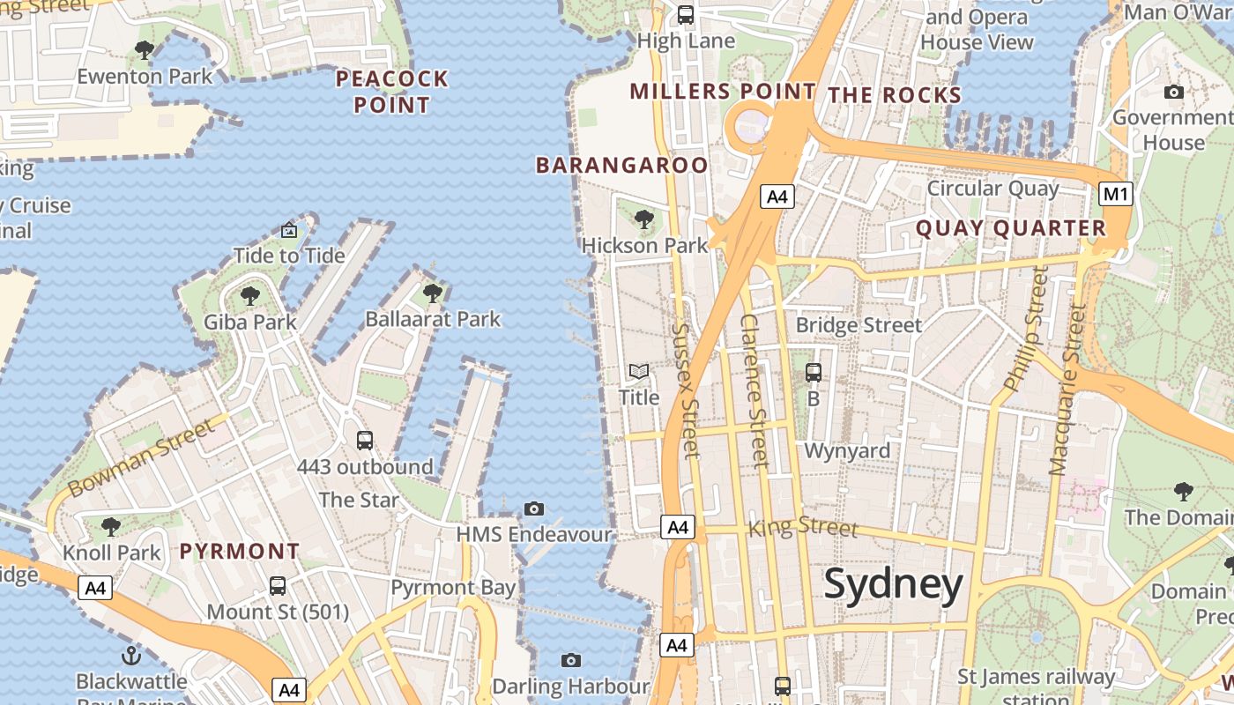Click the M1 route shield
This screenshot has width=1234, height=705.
click(x=1116, y=194)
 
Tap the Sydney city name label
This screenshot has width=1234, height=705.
click(x=894, y=585)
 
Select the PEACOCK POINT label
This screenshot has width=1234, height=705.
click(x=392, y=92)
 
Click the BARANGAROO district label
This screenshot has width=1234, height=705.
click(x=621, y=165)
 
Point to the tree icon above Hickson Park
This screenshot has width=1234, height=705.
click(x=644, y=219)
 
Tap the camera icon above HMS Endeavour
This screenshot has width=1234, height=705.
click(x=533, y=508)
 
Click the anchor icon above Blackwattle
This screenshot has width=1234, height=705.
click(x=131, y=655)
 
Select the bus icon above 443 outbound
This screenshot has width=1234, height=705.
click(x=365, y=441)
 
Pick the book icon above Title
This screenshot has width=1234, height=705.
click(x=639, y=372)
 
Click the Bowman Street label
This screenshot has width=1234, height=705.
click(x=141, y=457)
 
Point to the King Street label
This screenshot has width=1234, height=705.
click(x=802, y=527)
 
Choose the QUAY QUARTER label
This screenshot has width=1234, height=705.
click(x=1010, y=228)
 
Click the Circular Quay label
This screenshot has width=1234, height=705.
click(x=992, y=189)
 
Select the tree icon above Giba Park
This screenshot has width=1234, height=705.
click(x=250, y=295)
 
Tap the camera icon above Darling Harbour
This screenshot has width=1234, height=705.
click(x=571, y=660)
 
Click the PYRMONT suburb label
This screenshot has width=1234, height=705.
click(x=240, y=552)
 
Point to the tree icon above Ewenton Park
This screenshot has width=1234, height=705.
click(x=145, y=50)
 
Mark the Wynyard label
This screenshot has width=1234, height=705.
click(x=847, y=451)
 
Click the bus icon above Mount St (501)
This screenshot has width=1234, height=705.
click(x=278, y=585)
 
